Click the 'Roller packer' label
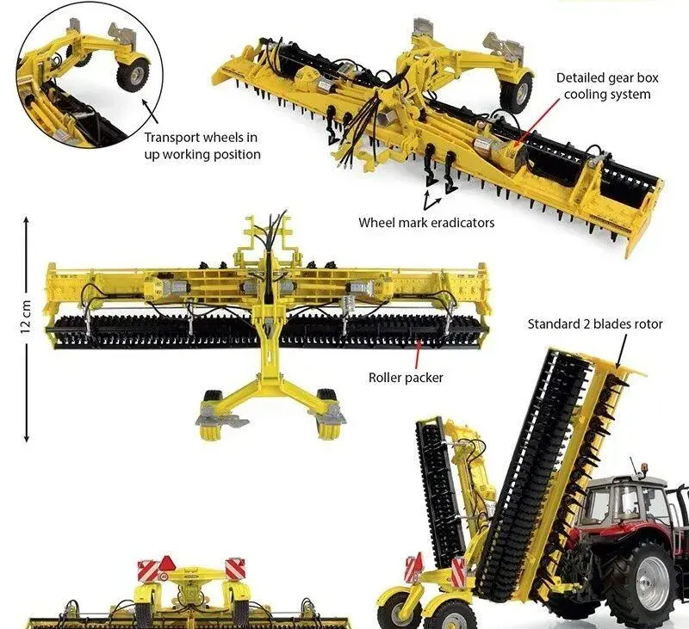coord(406,378)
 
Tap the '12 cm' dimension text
coord(26,317)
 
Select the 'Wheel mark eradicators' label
coord(426,223)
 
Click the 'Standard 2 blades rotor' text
coord(595,324)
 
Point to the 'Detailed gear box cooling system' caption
coord(607,86)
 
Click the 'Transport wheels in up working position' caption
coord(202,146)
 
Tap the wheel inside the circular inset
coord(133,74)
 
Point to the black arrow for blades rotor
coord(623,351)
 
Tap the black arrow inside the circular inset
coord(150,112)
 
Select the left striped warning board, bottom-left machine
coord(146,570)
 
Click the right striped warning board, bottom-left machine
coord(235,569)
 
